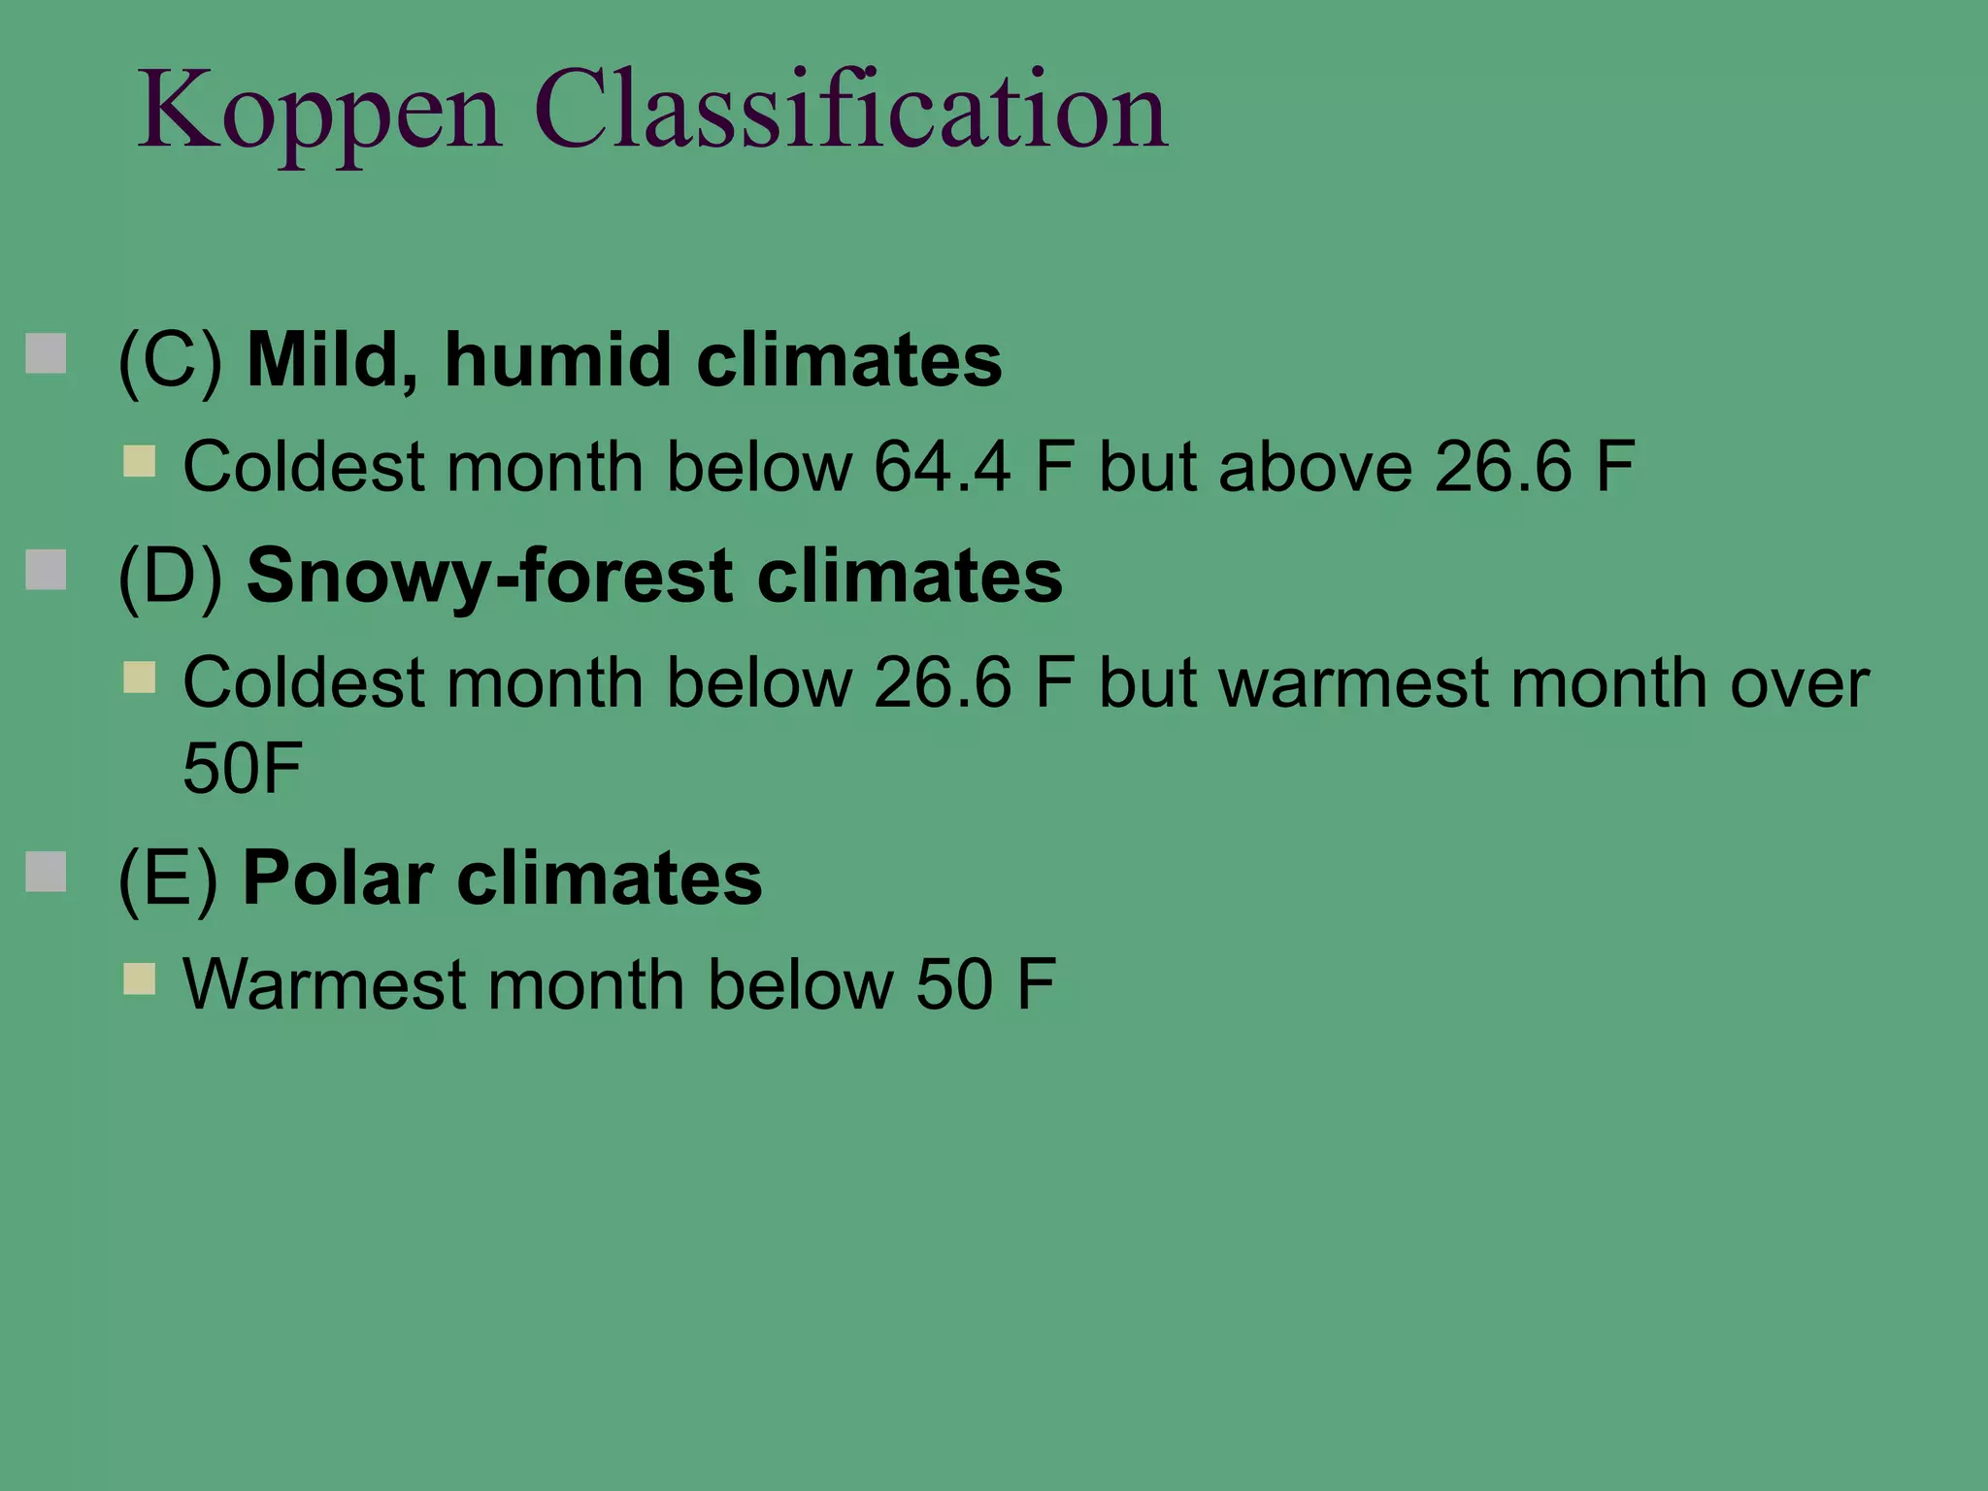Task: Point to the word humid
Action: (557, 359)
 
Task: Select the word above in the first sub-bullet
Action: (1314, 467)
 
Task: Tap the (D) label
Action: (170, 577)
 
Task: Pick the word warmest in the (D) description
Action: (1353, 683)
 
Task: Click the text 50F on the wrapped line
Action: (243, 768)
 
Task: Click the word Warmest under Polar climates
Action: (324, 984)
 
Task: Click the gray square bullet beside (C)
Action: (46, 354)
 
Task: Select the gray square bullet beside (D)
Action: (46, 570)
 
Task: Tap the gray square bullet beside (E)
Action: (46, 872)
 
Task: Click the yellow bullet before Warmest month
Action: (140, 978)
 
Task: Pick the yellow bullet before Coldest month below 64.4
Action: (140, 461)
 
